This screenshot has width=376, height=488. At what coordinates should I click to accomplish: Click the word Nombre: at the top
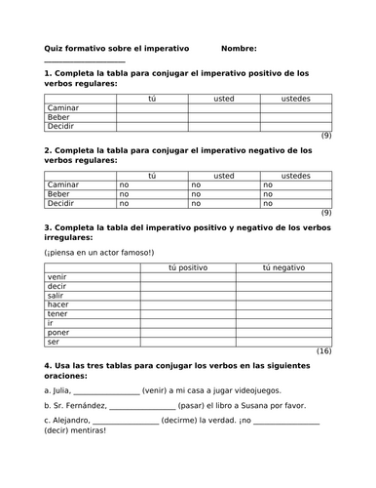tap(239, 48)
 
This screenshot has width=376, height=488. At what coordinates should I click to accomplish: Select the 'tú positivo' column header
tap(188, 266)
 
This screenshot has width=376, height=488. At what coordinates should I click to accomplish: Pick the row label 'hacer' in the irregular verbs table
tap(57, 306)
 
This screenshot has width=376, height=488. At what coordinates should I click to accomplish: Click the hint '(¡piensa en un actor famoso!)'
tap(94, 252)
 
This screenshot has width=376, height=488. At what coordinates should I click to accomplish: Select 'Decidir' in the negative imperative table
tap(60, 203)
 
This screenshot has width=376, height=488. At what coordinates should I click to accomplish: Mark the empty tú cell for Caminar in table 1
tap(151, 107)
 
